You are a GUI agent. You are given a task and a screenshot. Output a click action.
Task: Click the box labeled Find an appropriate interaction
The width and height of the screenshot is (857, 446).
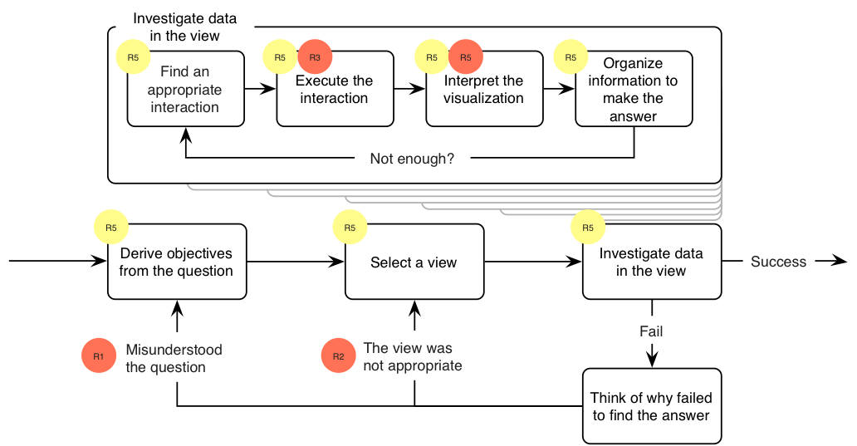(185, 90)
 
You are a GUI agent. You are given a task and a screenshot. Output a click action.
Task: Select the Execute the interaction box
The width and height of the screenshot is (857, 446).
(334, 90)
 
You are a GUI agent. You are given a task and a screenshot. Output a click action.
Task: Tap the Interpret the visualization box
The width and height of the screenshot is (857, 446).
(483, 90)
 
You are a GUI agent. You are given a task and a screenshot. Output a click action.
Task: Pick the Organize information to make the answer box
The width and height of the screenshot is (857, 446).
(633, 90)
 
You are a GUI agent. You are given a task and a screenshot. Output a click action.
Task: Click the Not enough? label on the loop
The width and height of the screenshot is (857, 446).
(412, 158)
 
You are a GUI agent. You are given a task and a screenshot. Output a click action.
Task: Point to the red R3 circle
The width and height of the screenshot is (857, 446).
(315, 57)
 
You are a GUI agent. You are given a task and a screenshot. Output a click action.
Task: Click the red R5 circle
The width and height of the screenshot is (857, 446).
(465, 57)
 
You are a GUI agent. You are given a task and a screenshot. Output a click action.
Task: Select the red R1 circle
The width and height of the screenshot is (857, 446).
(99, 356)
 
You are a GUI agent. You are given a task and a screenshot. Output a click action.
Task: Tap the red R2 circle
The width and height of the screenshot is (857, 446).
(338, 356)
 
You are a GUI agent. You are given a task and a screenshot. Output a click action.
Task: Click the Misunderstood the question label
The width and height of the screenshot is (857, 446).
(175, 358)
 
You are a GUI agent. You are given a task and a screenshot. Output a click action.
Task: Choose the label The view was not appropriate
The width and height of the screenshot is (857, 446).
(413, 356)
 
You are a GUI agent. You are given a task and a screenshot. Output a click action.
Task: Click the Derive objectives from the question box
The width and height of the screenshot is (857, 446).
(177, 262)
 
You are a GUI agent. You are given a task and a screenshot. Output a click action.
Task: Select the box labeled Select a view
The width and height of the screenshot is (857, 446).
(414, 262)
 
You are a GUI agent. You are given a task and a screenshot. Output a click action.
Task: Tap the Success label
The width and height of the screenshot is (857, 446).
(778, 262)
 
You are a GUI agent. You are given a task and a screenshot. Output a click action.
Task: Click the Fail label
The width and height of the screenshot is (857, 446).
(651, 331)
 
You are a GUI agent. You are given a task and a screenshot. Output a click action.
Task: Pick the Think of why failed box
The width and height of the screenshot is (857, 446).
(651, 406)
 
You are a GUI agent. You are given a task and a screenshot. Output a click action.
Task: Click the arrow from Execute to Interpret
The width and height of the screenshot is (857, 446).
(408, 87)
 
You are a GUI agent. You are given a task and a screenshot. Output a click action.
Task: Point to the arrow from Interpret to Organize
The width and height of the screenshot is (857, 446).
(557, 87)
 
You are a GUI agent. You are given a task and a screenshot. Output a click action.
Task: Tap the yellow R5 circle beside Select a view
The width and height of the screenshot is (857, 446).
(350, 228)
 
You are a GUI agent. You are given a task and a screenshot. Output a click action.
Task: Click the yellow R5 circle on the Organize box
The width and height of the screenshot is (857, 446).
(571, 57)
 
